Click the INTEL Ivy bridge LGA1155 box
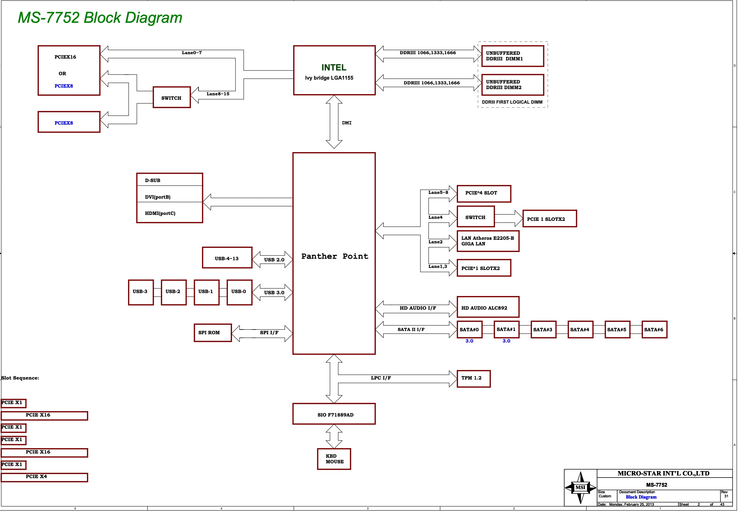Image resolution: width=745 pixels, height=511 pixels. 334,70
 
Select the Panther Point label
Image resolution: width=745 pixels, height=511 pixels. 335,256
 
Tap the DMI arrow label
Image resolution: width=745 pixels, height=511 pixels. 346,123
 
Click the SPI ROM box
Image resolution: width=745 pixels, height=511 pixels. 212,333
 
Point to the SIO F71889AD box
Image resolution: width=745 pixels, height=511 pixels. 334,414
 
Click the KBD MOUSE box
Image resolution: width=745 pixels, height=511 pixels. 334,459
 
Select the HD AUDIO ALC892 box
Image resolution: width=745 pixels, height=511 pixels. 488,307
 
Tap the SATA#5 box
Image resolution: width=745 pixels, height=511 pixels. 617,330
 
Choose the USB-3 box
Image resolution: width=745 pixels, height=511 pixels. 141,292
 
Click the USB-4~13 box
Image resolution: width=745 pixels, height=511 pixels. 227,258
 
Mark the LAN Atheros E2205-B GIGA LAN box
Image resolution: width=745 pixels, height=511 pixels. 488,241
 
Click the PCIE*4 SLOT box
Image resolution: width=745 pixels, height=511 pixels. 484,193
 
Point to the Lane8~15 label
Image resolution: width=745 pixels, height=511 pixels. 218,94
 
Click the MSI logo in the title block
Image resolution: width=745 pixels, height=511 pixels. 580,487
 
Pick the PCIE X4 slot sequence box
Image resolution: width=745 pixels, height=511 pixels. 44,477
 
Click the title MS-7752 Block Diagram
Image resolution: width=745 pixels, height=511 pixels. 100,18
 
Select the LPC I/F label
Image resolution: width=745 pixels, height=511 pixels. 381,378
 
